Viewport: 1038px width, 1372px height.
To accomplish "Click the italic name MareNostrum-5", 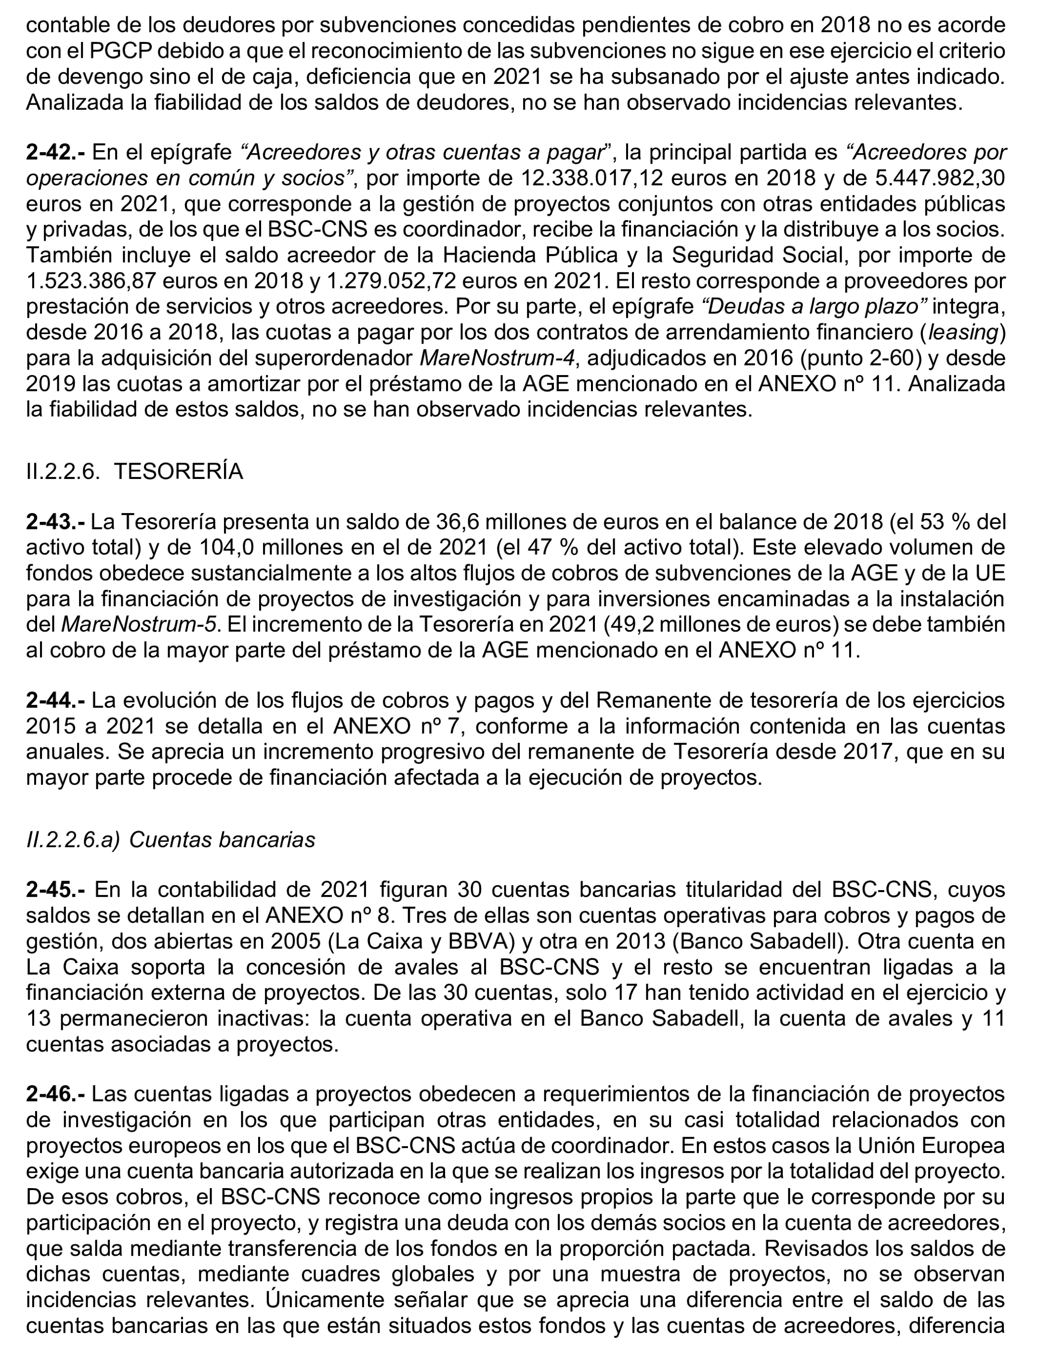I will [x=139, y=625].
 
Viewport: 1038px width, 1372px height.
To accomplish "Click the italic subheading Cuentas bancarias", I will [x=222, y=839].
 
